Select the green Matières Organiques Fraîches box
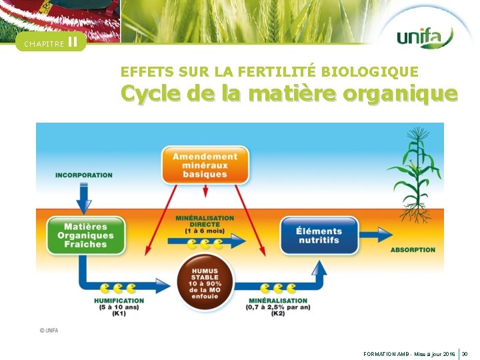86,235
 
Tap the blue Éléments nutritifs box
319,235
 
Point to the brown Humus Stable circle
205,279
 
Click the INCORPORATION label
84,175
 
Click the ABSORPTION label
413,250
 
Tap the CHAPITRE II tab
51,43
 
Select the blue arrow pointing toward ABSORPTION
375,235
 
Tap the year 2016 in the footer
449,353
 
